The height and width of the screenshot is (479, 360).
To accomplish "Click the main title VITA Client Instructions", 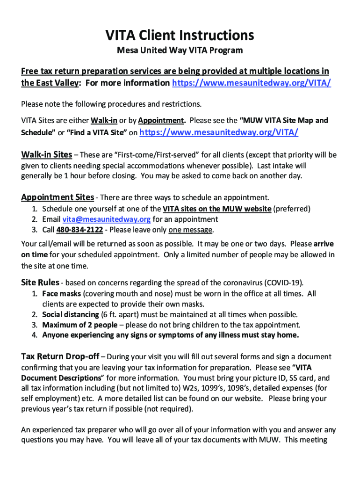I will click(180, 35).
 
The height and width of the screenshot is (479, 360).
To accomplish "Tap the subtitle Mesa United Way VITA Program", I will click(180, 51).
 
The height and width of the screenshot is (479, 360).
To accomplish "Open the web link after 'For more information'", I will click(252, 83).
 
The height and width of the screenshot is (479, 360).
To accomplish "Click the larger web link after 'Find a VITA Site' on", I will click(219, 132).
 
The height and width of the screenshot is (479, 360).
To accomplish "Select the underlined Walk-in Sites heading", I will click(47, 155).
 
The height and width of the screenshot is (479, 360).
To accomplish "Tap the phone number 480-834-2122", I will click(79, 230).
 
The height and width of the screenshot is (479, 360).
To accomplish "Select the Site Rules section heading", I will click(40, 283).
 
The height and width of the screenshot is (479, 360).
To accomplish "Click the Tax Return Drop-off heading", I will click(60, 357).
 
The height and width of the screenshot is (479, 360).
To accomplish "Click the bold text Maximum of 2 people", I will click(79, 325).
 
